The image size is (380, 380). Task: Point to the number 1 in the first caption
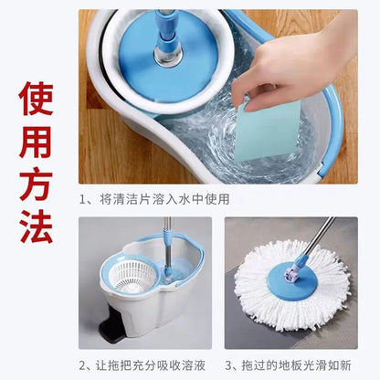(83, 198)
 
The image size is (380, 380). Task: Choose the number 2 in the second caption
(83, 364)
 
